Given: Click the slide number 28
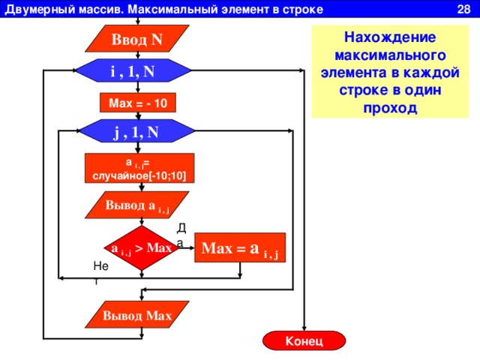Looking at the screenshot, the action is (x=463, y=9).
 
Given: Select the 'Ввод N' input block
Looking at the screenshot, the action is (x=137, y=39).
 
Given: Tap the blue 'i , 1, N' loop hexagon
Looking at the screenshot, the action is (x=133, y=70).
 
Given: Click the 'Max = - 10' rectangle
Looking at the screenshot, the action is (x=138, y=103).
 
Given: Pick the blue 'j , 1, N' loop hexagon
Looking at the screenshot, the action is (x=137, y=131).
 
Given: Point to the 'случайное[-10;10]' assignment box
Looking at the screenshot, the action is (x=139, y=168).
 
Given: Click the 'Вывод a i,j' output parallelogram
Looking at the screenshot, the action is (x=137, y=205).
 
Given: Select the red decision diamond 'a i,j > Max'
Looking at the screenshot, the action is (x=142, y=248).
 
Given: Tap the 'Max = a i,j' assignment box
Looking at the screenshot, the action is (x=240, y=247).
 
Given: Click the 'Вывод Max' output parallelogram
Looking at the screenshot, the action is (x=137, y=315).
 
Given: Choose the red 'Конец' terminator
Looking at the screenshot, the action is (x=304, y=340).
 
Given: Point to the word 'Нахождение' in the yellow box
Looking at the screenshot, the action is (x=390, y=37).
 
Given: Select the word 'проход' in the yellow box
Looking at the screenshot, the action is (x=390, y=108).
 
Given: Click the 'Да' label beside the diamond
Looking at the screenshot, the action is (x=181, y=235).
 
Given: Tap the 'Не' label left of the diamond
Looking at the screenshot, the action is (x=101, y=265).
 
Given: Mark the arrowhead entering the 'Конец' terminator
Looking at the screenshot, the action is (x=304, y=328).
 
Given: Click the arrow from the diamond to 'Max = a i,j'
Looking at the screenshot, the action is (x=187, y=247).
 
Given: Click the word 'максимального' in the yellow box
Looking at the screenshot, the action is (x=390, y=55).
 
